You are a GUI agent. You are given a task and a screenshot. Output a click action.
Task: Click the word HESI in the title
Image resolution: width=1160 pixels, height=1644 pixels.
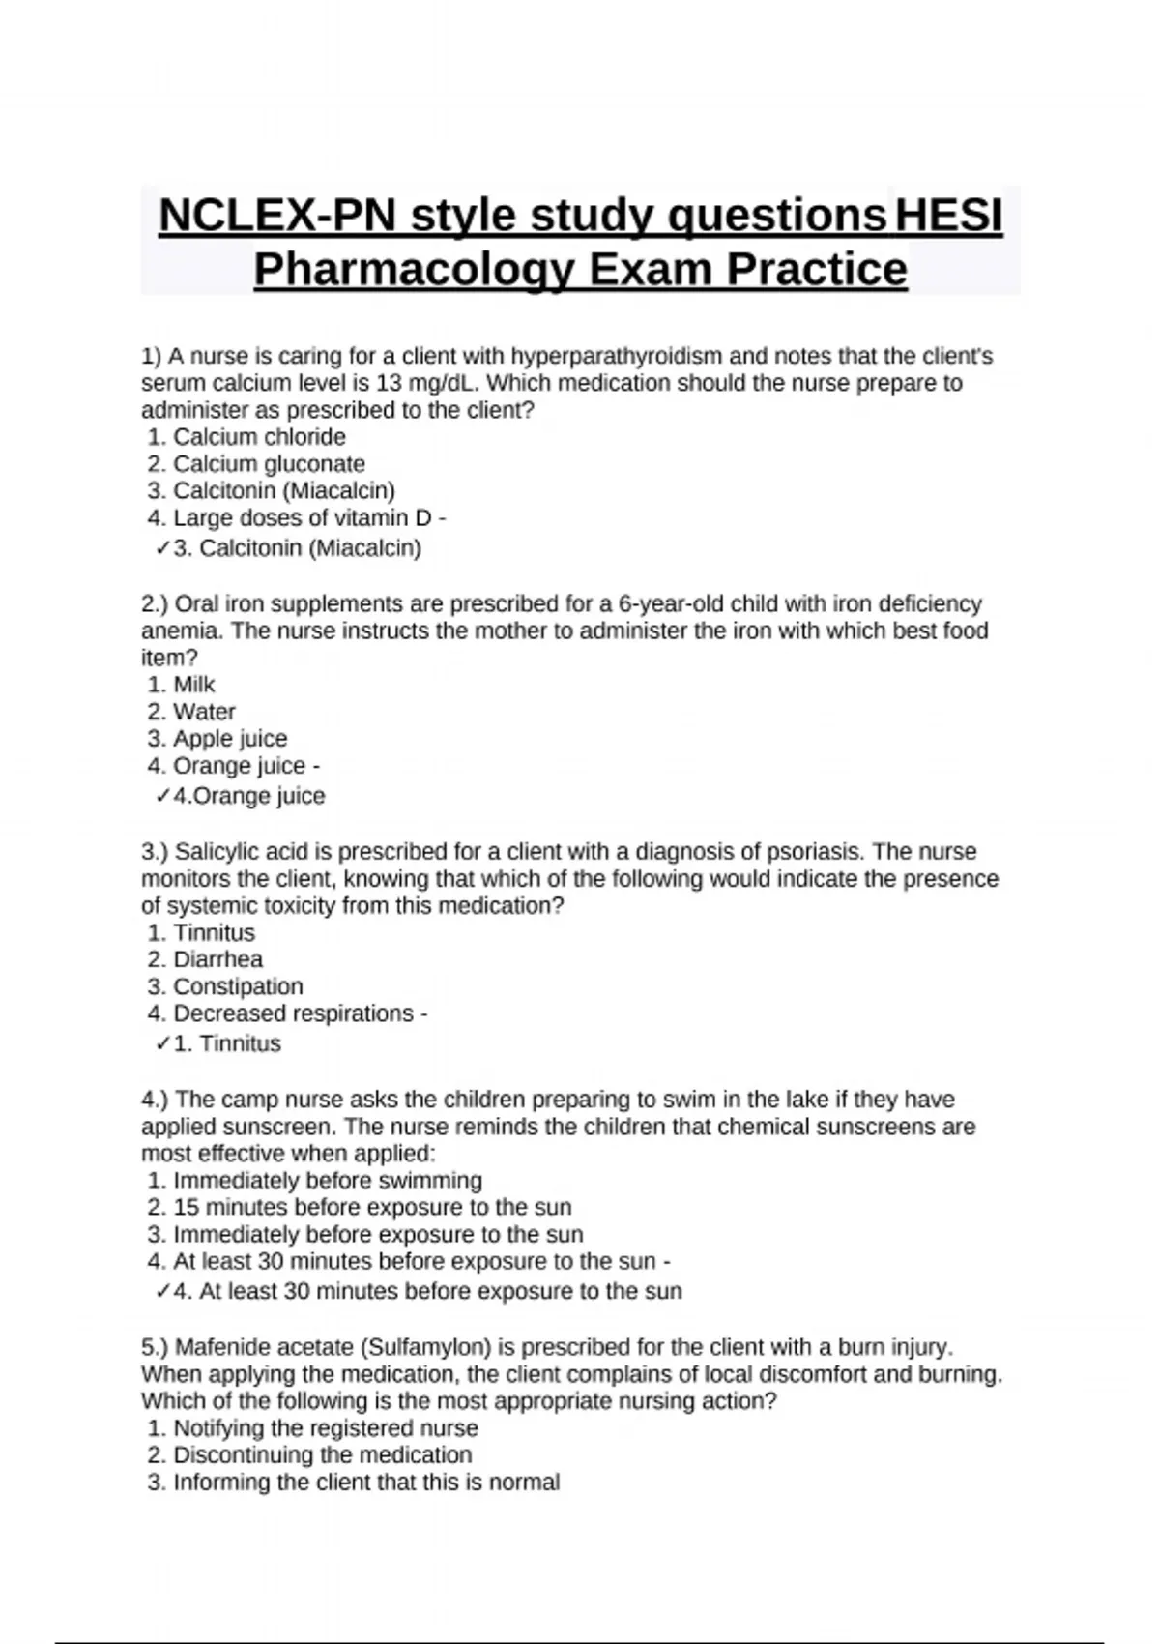pos(948,215)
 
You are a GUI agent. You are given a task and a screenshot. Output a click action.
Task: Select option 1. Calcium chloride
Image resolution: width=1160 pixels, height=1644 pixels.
pos(247,437)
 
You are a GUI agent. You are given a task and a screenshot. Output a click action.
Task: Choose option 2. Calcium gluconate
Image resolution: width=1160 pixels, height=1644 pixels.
pos(257,464)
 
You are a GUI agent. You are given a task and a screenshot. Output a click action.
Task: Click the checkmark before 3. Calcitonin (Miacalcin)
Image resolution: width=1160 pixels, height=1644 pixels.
pos(162,549)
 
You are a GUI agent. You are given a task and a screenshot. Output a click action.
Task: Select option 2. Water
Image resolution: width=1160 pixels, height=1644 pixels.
pos(192,712)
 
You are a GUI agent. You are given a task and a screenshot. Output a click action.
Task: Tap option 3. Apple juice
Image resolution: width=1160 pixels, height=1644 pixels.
pos(218,739)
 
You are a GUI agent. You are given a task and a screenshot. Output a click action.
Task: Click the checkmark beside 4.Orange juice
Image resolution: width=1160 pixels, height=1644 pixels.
pos(162,797)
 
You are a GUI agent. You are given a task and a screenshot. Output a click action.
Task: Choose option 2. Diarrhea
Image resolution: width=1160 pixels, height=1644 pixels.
pos(206,959)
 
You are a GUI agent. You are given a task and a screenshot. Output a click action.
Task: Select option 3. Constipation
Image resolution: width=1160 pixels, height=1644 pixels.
pos(226,986)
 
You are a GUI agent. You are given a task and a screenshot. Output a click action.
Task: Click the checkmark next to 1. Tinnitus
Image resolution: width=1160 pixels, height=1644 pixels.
pos(162,1044)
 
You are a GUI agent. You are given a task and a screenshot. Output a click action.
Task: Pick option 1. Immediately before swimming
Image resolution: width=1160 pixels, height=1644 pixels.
pos(316,1181)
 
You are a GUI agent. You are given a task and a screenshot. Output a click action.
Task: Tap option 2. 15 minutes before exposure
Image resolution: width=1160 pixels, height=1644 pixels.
pos(361,1208)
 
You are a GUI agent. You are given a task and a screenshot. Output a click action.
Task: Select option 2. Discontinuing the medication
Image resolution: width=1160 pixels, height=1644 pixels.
pos(311,1455)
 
